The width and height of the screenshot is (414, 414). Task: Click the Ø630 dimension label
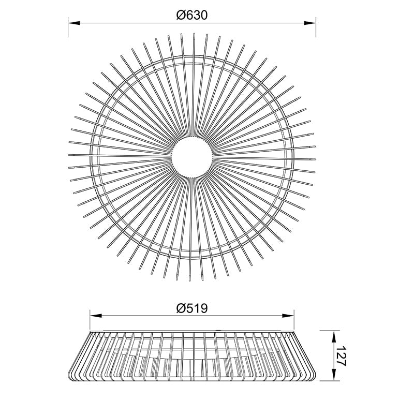click(x=191, y=15)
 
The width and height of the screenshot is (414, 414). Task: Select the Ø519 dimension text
click(x=191, y=308)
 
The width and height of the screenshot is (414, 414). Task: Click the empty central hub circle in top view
click(x=192, y=154)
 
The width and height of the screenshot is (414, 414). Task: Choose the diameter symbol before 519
click(x=180, y=308)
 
